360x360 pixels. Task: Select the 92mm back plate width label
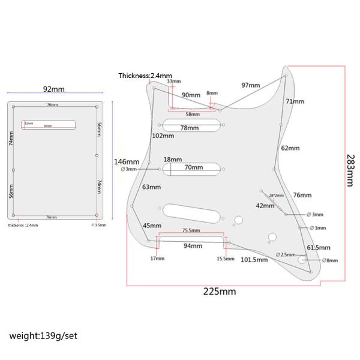pyautogui.click(x=54, y=89)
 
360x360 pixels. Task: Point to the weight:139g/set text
pyautogui.click(x=43, y=335)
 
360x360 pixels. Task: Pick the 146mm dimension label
pyautogui.click(x=127, y=162)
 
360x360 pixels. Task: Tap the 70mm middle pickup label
pyautogui.click(x=193, y=168)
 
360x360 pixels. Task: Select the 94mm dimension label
pyautogui.click(x=193, y=246)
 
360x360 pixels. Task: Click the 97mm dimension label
pyautogui.click(x=251, y=85)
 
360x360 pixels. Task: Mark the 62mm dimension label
pyautogui.click(x=289, y=148)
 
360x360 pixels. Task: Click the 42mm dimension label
pyautogui.click(x=265, y=206)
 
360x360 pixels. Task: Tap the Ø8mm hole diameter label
pyautogui.click(x=329, y=260)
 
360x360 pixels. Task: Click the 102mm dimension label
pyautogui.click(x=163, y=136)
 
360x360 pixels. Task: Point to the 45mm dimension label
pyautogui.click(x=152, y=226)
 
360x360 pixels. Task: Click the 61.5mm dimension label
pyautogui.click(x=319, y=247)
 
